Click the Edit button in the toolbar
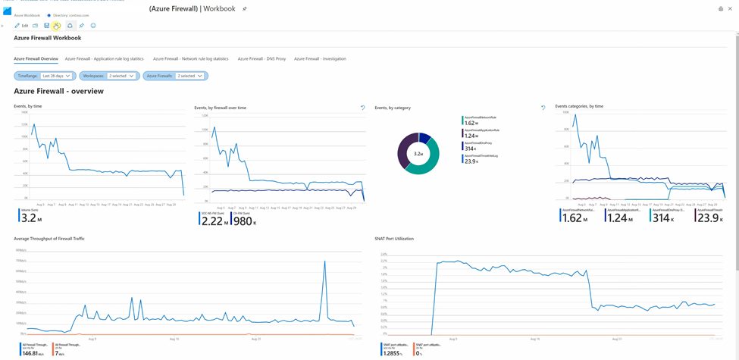(x=21, y=26)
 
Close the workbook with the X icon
(x=731, y=9)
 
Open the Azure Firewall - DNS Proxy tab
(x=261, y=58)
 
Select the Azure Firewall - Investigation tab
(x=320, y=58)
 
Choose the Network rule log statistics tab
(x=190, y=58)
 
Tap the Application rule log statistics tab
(x=104, y=58)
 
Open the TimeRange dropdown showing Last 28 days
(x=45, y=76)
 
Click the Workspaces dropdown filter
(x=109, y=76)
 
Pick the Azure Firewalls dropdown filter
(x=175, y=76)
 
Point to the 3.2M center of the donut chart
(x=418, y=154)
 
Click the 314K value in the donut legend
(x=471, y=149)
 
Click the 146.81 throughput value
(x=31, y=353)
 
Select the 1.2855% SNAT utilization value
(x=393, y=353)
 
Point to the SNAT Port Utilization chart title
(x=394, y=239)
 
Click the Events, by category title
(x=393, y=108)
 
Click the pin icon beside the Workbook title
(x=245, y=9)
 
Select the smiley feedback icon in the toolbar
(x=93, y=26)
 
